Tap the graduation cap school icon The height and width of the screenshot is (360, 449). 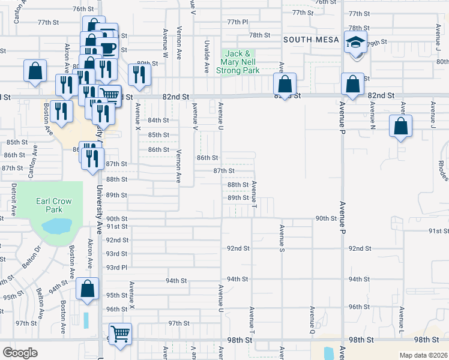355,44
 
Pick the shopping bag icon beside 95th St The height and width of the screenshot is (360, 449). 88,289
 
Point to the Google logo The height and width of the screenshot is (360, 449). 20,352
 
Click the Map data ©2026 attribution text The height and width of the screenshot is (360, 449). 423,355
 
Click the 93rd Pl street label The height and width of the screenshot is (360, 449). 117,267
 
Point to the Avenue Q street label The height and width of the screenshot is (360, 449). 312,319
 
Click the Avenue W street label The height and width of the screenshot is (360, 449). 164,44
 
